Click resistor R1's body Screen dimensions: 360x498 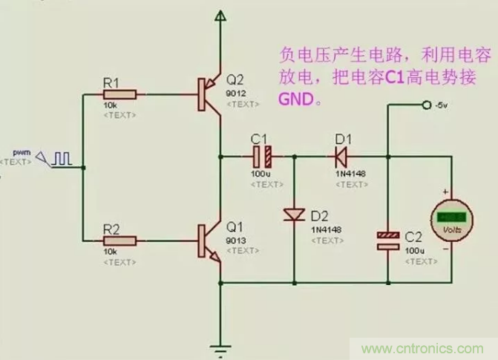119,94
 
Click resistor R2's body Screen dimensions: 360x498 119,240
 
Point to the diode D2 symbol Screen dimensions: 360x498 295,215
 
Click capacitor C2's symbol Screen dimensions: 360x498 389,240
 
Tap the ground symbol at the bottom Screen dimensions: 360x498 220,347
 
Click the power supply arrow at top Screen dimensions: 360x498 220,16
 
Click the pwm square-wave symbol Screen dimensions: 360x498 65,157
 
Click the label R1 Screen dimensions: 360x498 111,83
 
